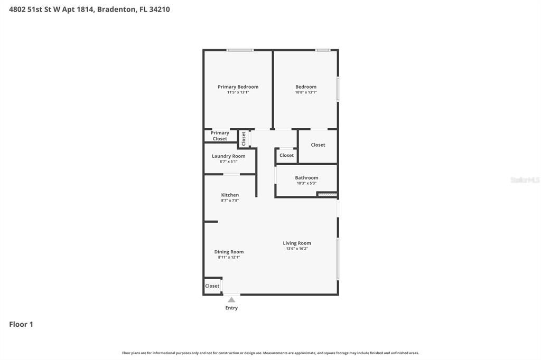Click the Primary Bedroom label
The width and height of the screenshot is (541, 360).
click(238, 87)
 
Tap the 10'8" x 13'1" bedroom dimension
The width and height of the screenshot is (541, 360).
click(305, 92)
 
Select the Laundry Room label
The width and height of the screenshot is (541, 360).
click(228, 156)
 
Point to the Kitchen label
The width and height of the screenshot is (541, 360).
click(230, 195)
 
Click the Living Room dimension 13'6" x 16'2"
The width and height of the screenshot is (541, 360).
click(296, 249)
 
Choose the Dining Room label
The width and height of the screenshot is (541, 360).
click(229, 252)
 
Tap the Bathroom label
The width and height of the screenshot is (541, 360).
click(306, 178)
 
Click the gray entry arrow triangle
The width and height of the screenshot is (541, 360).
click(231, 300)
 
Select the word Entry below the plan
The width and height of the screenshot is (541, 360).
click(231, 308)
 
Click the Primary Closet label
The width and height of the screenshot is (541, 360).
click(220, 136)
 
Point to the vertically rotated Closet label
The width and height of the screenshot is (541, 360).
click(244, 139)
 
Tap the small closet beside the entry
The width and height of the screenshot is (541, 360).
click(212, 286)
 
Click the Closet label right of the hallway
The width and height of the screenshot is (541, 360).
click(318, 145)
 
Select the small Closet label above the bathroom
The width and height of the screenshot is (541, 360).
click(286, 155)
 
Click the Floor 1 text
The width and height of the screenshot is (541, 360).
click(21, 324)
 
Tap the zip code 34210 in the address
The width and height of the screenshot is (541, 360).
click(160, 9)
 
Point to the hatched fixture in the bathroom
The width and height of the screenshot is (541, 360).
click(327, 195)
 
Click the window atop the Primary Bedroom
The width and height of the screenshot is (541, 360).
click(240, 50)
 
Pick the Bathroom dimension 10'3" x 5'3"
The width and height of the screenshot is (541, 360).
click(306, 183)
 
